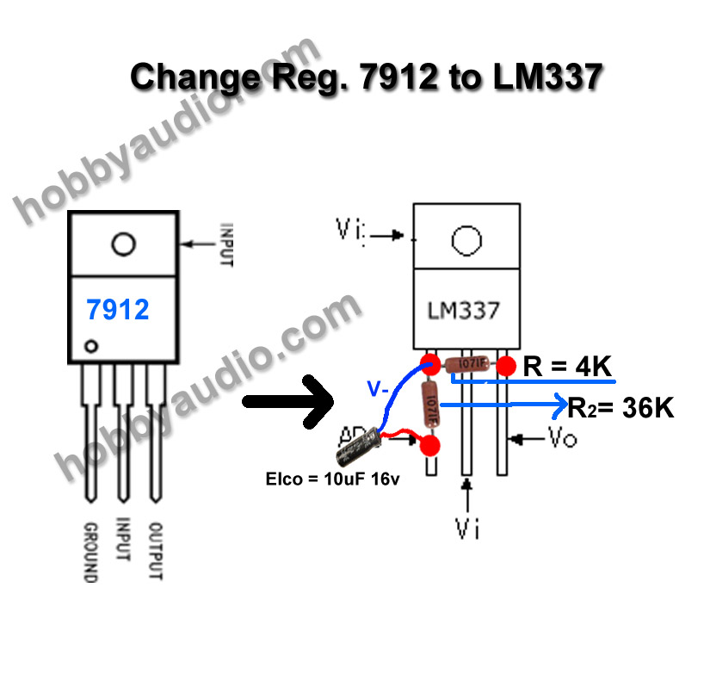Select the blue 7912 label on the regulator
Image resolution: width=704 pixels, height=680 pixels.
[x=118, y=310]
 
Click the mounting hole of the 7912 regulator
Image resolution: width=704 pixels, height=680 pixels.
[x=123, y=244]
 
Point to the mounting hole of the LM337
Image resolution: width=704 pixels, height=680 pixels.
[x=466, y=241]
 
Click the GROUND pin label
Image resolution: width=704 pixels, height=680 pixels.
[x=89, y=551]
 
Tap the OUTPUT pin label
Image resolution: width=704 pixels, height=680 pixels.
[x=156, y=551]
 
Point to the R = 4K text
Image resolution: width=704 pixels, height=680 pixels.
[x=567, y=368]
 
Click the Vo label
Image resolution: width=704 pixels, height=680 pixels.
[x=562, y=439]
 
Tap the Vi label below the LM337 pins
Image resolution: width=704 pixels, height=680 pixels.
[x=467, y=528]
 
